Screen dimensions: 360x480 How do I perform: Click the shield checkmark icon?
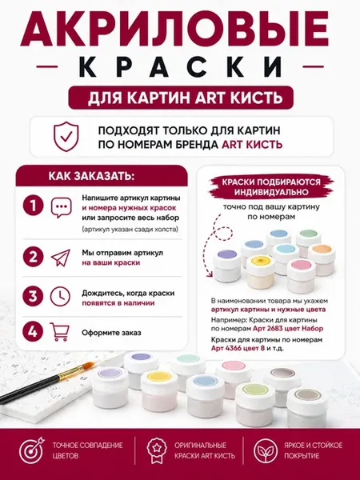66,137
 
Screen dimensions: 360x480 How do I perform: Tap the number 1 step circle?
33,206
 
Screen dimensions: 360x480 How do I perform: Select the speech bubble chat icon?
62,207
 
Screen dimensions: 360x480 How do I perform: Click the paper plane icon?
61,258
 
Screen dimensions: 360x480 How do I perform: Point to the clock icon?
60,296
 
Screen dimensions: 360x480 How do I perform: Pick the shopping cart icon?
60,332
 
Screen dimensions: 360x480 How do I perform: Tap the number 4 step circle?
33,332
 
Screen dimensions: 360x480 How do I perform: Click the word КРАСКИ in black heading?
180,66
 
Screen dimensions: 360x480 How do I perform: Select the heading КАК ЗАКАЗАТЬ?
91,176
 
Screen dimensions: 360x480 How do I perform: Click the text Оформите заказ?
111,333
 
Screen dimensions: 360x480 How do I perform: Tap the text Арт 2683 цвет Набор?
288,329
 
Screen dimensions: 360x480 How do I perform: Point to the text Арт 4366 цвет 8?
238,348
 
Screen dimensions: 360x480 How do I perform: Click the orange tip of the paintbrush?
89,366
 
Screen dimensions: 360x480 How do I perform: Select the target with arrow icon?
31,450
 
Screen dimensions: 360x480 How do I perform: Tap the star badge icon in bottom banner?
157,450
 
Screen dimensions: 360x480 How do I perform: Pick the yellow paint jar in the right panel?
261,271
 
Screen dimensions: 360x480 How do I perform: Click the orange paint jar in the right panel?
322,259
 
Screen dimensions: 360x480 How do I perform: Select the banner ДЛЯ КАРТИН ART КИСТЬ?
181,98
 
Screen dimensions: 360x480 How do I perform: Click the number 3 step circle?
33,296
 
